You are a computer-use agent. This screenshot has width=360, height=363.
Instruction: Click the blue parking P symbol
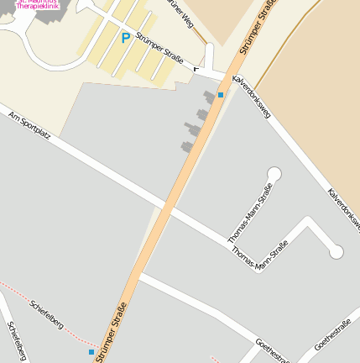[x=126, y=38]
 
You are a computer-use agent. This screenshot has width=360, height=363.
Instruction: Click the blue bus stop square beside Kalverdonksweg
[x=221, y=95]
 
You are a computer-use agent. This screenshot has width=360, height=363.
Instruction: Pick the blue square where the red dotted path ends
[x=91, y=352]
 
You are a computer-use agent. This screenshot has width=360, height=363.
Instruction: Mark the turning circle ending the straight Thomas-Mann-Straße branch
[x=274, y=174]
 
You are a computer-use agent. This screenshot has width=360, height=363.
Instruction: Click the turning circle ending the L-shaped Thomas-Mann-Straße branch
[x=336, y=251]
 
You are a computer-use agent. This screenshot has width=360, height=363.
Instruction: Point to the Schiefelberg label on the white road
[x=17, y=341]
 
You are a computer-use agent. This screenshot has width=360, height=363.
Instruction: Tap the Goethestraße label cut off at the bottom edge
[x=274, y=354]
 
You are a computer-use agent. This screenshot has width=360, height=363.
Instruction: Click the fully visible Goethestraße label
[x=332, y=335]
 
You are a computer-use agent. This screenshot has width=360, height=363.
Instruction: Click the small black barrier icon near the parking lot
[x=196, y=69]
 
